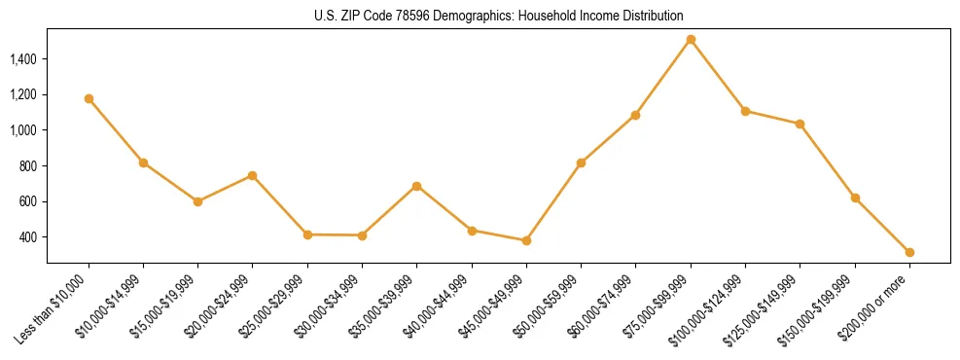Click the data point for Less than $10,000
[89, 98]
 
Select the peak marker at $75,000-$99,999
[691, 40]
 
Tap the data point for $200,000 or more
[909, 252]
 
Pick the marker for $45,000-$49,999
[526, 240]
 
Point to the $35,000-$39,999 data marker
[417, 186]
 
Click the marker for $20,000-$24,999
[253, 175]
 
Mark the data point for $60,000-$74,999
[636, 115]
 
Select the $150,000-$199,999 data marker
[855, 198]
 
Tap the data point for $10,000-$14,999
[143, 162]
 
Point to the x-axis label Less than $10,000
[52, 309]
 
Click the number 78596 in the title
[411, 16]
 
